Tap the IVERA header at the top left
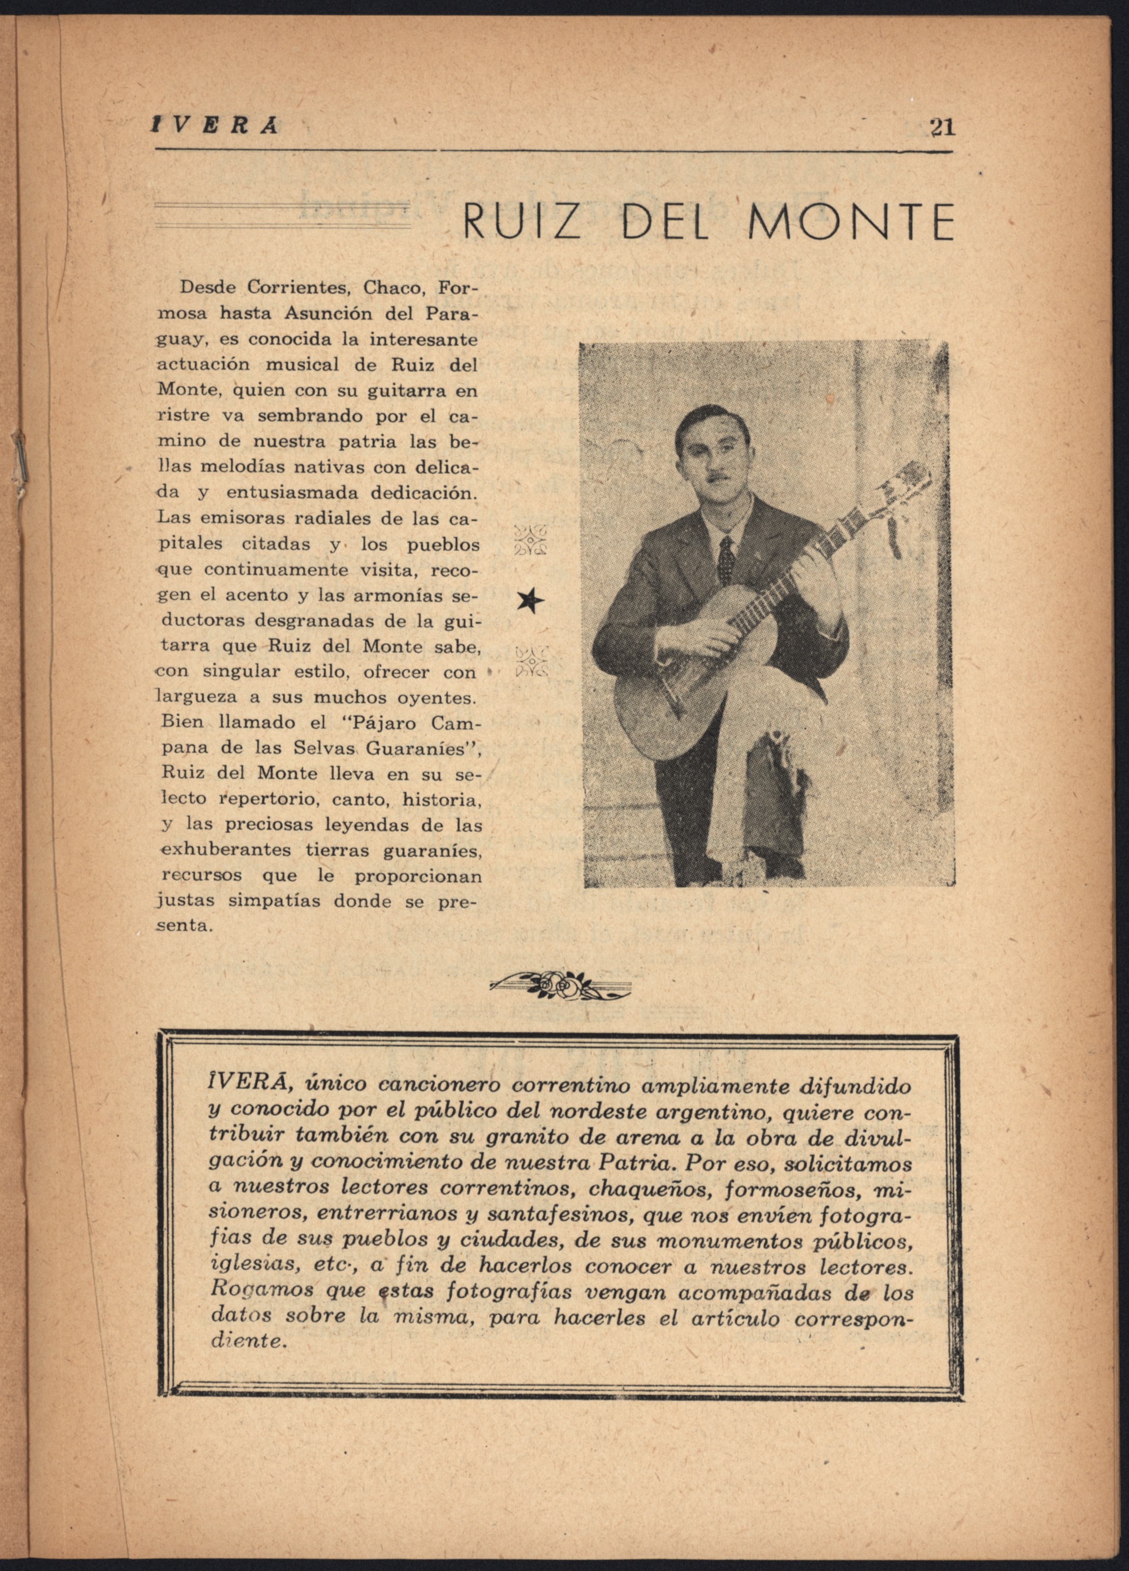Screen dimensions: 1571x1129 [x=215, y=125]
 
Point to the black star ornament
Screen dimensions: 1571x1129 [x=531, y=601]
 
